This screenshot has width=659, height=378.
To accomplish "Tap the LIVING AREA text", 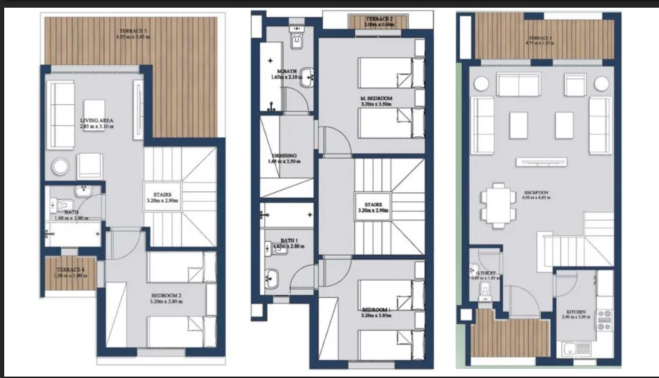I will [96, 121].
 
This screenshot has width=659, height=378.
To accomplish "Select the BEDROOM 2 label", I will [166, 296].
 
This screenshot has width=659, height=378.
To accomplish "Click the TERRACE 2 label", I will [379, 21].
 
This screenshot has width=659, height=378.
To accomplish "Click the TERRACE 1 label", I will [541, 39].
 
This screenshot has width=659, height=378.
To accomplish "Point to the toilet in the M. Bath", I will [296, 38].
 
